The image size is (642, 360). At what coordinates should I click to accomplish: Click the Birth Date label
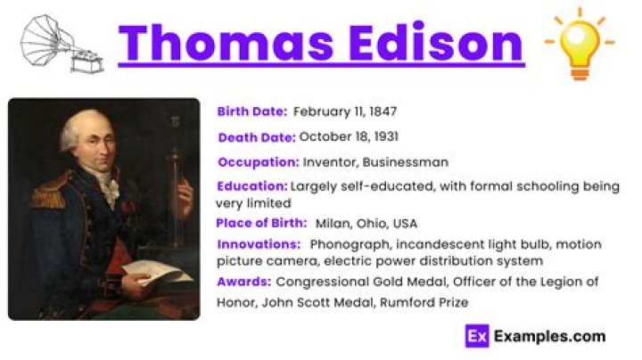251,112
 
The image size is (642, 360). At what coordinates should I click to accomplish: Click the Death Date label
256,137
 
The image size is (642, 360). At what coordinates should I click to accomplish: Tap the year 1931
383,137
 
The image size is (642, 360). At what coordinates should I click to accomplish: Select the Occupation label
258,162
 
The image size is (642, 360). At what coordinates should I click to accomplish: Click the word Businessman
409,162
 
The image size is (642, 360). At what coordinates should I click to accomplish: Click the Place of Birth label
260,223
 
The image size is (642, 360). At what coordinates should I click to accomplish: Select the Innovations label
258,244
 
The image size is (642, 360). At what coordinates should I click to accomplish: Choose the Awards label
243,282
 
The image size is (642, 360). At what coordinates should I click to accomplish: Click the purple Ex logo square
476,336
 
